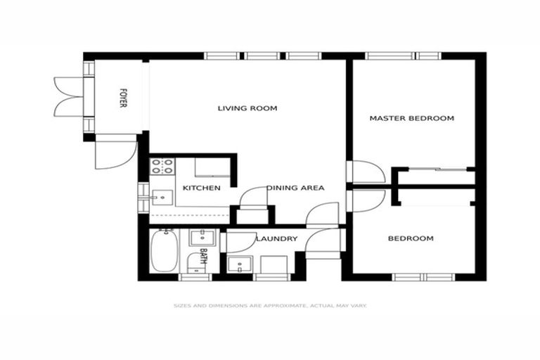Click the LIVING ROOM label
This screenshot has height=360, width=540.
pyautogui.click(x=247, y=108)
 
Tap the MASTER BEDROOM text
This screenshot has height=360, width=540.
pyautogui.click(x=411, y=118)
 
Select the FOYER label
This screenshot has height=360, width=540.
pyautogui.click(x=123, y=98)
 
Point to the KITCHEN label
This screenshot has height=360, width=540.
pyautogui.click(x=202, y=188)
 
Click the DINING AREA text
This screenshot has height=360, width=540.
pyautogui.click(x=295, y=188)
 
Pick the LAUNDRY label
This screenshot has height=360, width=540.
pyautogui.click(x=276, y=239)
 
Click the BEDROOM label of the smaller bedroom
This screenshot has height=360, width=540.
pyautogui.click(x=411, y=238)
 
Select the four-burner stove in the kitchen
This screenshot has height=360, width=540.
pyautogui.click(x=162, y=167)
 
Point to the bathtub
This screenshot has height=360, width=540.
pyautogui.click(x=164, y=252)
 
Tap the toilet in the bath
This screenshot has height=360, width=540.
pyautogui.click(x=194, y=264)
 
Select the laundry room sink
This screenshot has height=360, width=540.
pyautogui.click(x=240, y=265)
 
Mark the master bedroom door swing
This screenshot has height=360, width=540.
pyautogui.click(x=366, y=172)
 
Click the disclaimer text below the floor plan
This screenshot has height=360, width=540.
pyautogui.click(x=270, y=306)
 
